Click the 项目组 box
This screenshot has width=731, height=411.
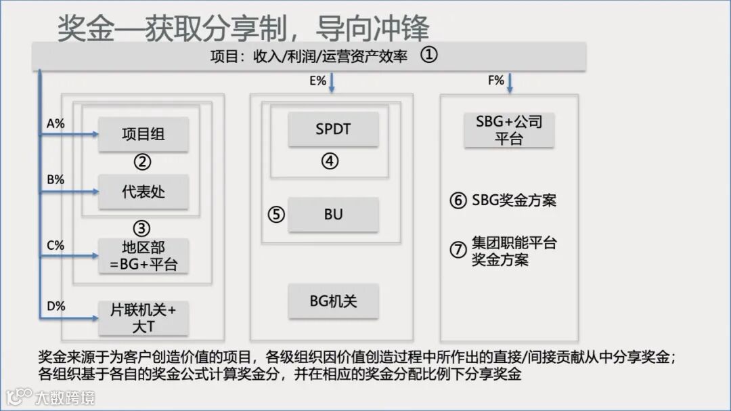[143, 134]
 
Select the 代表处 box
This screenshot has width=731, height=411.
[143, 192]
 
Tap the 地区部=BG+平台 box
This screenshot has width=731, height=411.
[143, 256]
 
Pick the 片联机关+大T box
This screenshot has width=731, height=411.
[143, 318]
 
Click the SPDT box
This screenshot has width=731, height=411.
[333, 129]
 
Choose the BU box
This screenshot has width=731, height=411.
[333, 215]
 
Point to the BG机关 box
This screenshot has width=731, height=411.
[333, 301]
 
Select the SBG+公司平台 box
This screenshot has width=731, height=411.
[508, 130]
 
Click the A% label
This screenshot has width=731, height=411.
[56, 124]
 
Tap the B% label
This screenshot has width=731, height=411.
[56, 180]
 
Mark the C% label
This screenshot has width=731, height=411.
[56, 245]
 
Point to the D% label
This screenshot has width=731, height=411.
[56, 306]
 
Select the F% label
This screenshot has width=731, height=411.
[496, 81]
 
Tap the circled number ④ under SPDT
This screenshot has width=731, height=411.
[330, 161]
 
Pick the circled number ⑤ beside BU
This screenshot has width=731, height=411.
[276, 215]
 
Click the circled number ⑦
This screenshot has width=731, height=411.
[458, 249]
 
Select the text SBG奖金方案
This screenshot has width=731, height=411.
[514, 200]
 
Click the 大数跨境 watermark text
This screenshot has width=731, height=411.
[66, 397]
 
